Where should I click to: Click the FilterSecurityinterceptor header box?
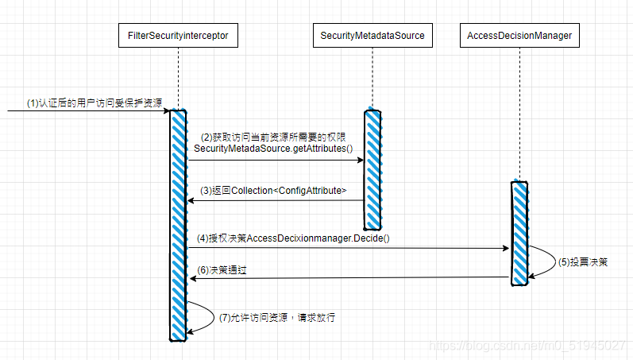click(x=178, y=36)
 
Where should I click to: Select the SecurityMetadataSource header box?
click(x=372, y=36)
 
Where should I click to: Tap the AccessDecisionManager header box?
click(x=519, y=36)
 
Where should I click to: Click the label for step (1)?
click(x=95, y=103)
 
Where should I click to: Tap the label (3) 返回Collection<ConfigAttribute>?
click(x=273, y=191)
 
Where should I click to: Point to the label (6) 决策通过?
click(x=222, y=270)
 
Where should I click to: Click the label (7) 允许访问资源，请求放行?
click(x=276, y=317)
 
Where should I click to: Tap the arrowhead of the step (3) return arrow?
click(x=191, y=200)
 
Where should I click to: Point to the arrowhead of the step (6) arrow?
click(x=191, y=278)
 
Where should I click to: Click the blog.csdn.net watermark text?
click(x=527, y=346)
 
